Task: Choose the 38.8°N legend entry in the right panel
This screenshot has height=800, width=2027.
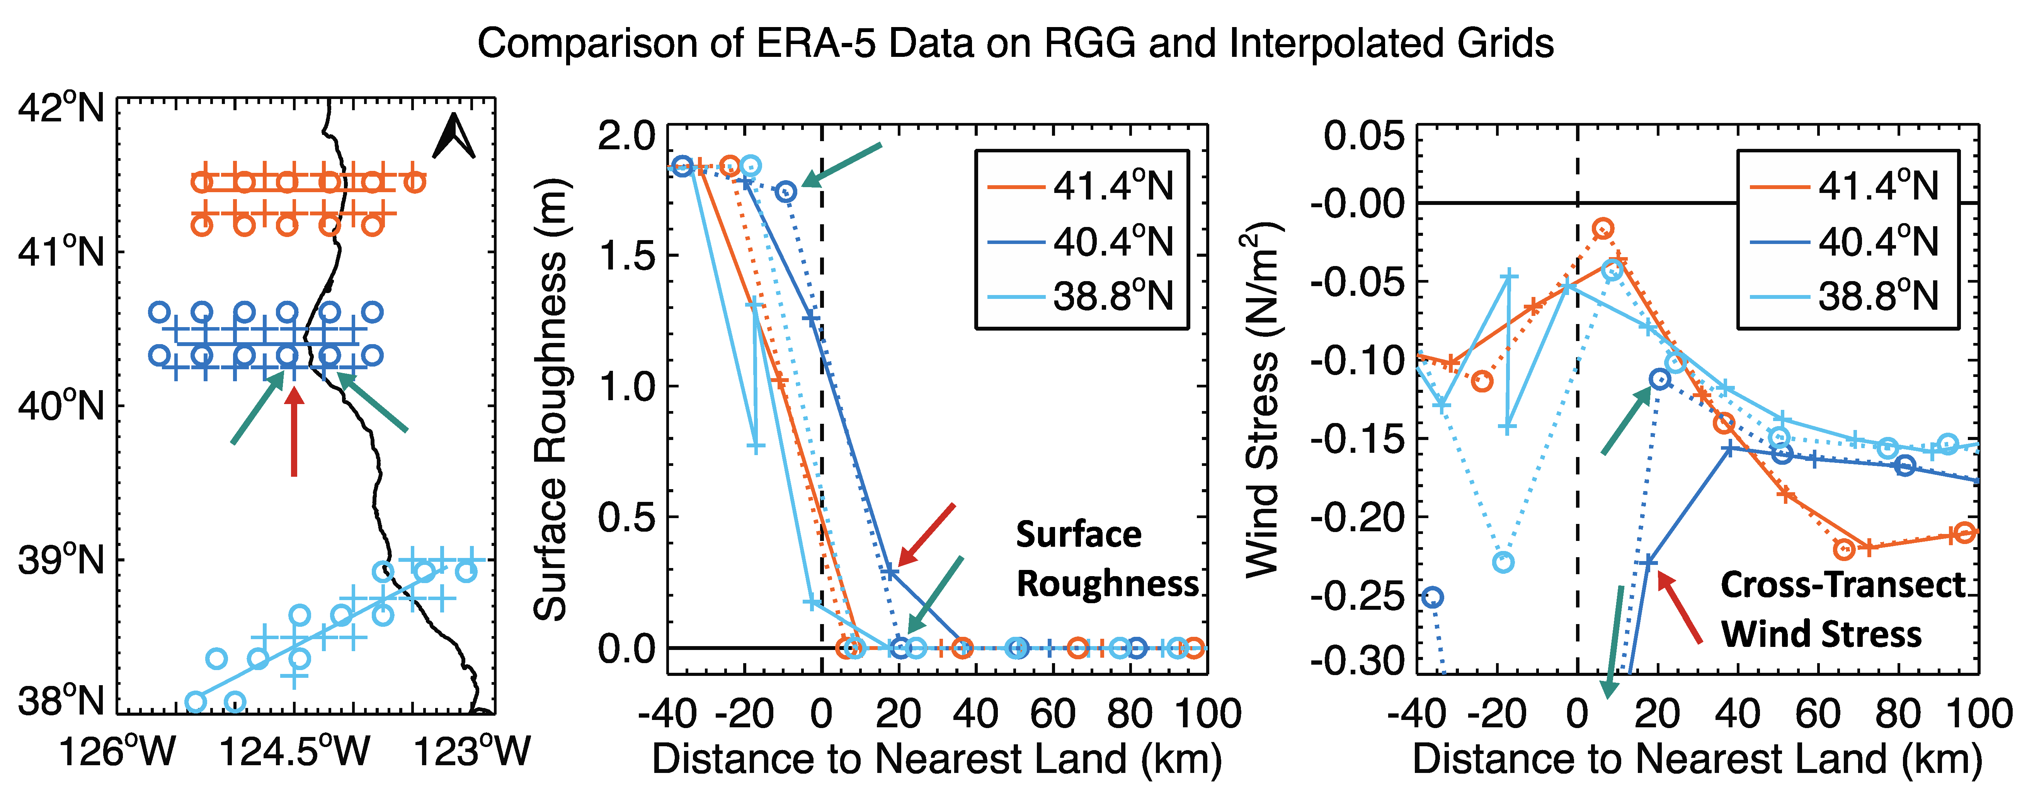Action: pos(1845,297)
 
